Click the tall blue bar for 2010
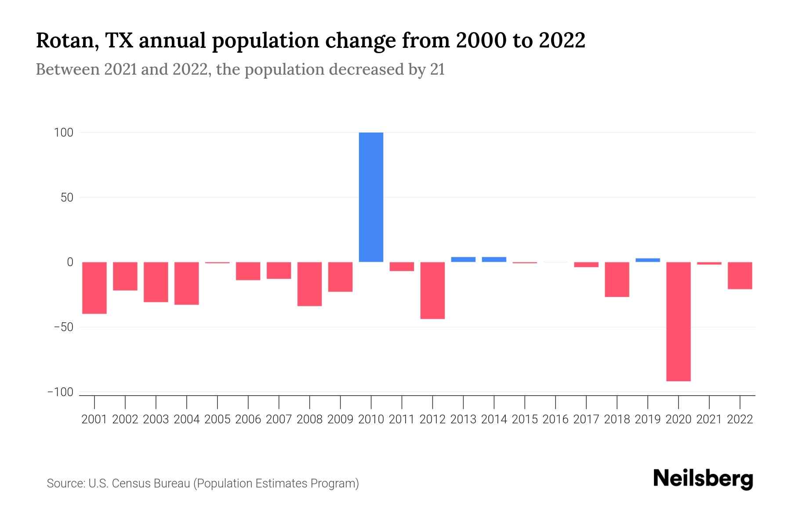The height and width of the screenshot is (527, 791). [371, 197]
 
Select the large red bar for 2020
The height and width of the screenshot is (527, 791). [678, 321]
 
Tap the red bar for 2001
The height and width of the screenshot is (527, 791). [94, 288]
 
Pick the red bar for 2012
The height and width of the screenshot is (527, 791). [432, 290]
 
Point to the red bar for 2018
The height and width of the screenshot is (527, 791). [617, 280]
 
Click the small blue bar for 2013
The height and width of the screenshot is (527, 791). [463, 260]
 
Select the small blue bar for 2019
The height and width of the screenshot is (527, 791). [648, 260]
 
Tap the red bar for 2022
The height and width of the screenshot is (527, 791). [740, 276]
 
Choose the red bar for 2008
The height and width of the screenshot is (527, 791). [309, 284]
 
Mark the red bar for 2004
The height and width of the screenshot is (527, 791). [187, 283]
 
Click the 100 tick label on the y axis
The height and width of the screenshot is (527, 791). [63, 133]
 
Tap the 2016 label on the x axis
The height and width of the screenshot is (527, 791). [555, 419]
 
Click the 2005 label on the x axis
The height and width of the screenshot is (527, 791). [218, 419]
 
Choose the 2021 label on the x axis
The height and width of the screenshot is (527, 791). [709, 419]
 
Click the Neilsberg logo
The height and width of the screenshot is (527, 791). [703, 479]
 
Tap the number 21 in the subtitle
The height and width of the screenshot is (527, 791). [437, 69]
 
